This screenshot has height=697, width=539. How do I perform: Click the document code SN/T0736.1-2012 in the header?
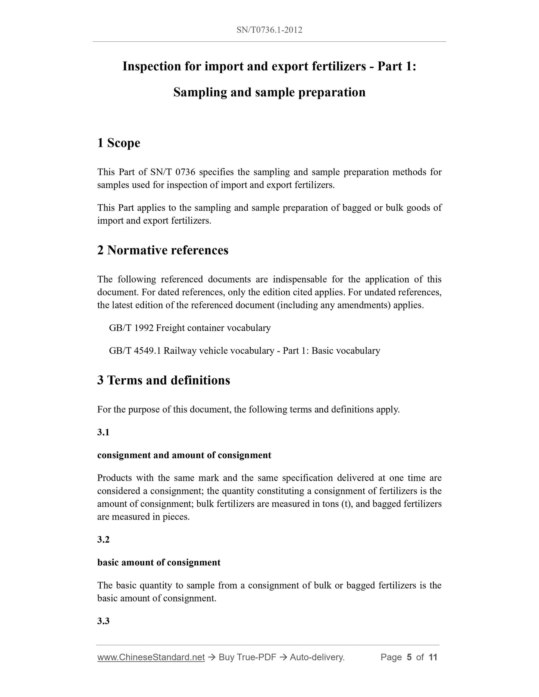click(269, 30)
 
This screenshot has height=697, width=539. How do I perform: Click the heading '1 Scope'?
click(119, 143)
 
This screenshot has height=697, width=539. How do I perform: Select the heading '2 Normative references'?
click(163, 250)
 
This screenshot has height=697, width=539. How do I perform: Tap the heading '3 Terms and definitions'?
click(163, 380)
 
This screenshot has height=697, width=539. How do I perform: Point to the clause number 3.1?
click(103, 432)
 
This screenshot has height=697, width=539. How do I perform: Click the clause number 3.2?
click(103, 540)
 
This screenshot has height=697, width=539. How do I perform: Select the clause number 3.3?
click(103, 621)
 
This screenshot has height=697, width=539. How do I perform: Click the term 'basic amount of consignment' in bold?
click(159, 562)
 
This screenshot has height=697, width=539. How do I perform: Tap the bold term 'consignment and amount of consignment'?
click(184, 455)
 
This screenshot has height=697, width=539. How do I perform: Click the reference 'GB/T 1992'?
click(131, 328)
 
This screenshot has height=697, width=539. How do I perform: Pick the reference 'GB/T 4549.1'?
click(135, 351)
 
